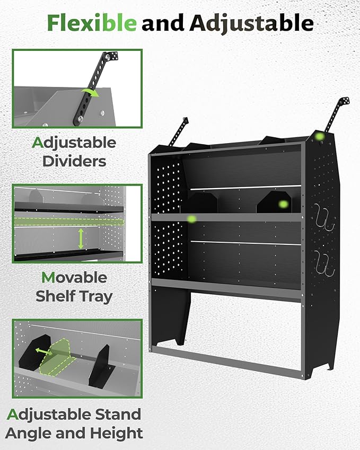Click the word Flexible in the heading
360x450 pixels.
pyautogui.click(x=91, y=22)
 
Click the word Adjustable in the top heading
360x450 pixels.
pyautogui.click(x=251, y=23)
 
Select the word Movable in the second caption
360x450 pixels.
pyautogui.click(x=74, y=278)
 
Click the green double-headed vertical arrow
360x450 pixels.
pyautogui.click(x=81, y=239)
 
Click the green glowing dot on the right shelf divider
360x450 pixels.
pyautogui.click(x=283, y=204)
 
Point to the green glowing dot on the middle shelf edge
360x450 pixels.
pyautogui.click(x=192, y=218)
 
